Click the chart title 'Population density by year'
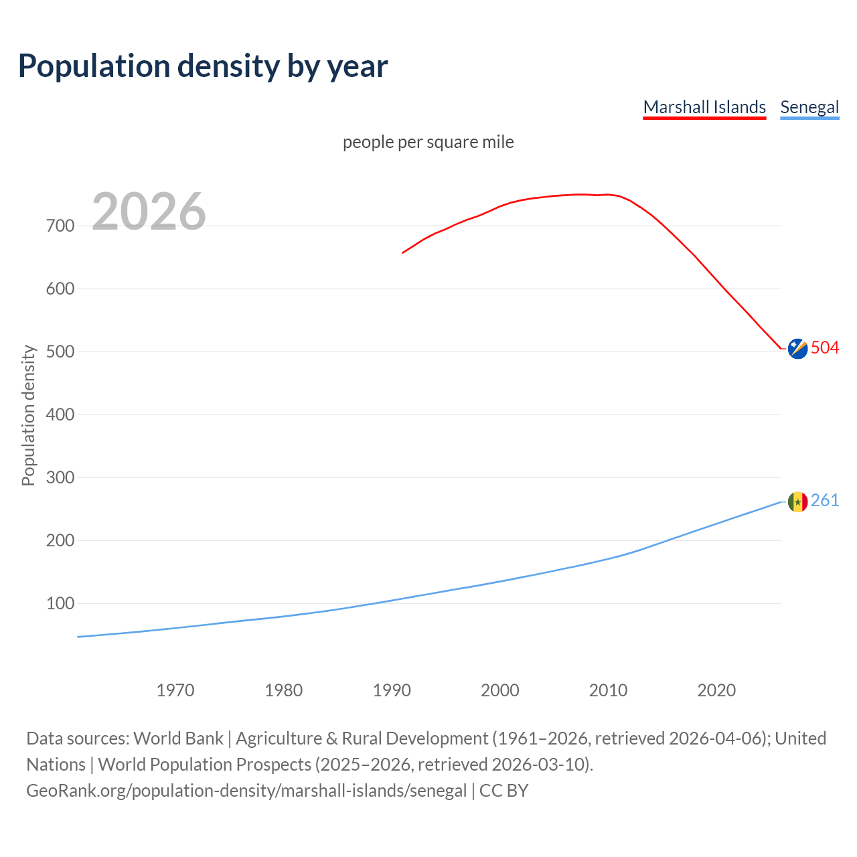coord(203,66)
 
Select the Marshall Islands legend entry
coord(704,107)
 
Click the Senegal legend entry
coord(809,107)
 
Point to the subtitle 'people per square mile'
coord(428,142)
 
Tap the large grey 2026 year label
coord(149,212)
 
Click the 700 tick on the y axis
coord(60,226)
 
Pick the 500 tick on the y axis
coord(60,352)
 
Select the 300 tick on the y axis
coord(60,477)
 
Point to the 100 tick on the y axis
coord(60,603)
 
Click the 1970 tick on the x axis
coord(175,690)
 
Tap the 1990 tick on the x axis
coord(392,690)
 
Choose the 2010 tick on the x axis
coord(608,690)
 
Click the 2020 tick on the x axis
coord(716,690)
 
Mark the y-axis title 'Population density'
coord(28,415)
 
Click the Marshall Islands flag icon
coord(797,349)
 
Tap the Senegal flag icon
coord(797,501)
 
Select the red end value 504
coord(825,347)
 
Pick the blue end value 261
coord(825,500)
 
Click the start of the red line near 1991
coord(403,252)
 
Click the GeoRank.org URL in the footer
coord(246,791)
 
